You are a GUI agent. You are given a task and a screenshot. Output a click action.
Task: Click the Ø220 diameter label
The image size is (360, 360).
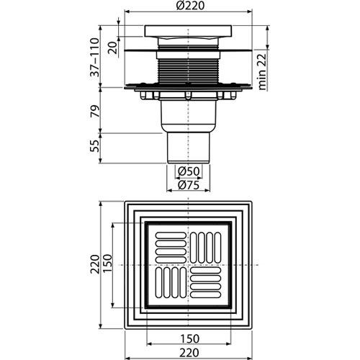(190, 5)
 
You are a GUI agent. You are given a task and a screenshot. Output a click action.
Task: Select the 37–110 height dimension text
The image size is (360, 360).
(94, 57)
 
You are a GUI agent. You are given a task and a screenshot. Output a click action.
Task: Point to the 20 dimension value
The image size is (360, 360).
(112, 48)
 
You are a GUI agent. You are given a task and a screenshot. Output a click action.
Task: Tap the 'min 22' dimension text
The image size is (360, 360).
(262, 72)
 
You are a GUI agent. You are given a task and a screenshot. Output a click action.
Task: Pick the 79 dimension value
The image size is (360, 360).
(94, 111)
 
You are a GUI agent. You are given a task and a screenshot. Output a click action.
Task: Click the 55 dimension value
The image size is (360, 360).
(94, 145)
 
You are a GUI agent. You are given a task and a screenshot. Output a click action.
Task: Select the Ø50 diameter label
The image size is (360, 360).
(189, 171)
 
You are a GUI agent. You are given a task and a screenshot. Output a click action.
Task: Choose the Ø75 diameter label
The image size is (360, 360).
(189, 185)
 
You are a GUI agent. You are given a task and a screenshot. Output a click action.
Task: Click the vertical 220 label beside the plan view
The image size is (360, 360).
(94, 264)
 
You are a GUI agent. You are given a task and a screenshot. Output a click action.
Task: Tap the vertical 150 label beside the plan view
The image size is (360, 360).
(107, 264)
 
